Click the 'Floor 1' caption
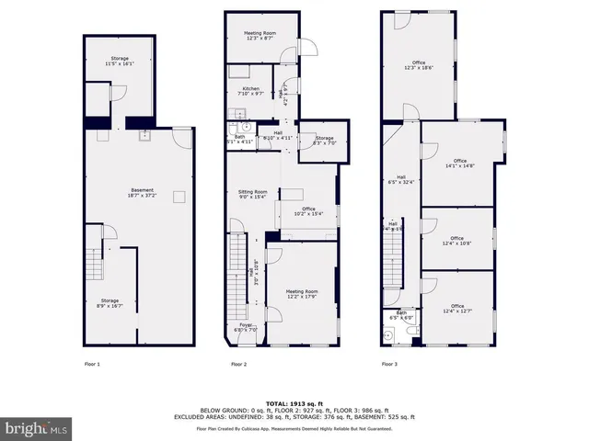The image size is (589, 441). tap(92, 365)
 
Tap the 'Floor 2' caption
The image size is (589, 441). tap(238, 365)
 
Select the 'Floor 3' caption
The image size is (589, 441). tap(390, 365)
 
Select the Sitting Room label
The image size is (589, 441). tap(252, 194)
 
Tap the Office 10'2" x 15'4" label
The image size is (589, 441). tap(303, 211)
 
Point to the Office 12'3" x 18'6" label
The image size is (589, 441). tap(419, 64)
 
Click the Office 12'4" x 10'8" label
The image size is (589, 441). tap(457, 241)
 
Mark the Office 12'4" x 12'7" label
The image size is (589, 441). tap(457, 309)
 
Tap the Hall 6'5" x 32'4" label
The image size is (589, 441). tap(401, 180)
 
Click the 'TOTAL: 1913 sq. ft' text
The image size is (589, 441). tap(294, 403)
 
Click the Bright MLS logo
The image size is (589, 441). tap(37, 427)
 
